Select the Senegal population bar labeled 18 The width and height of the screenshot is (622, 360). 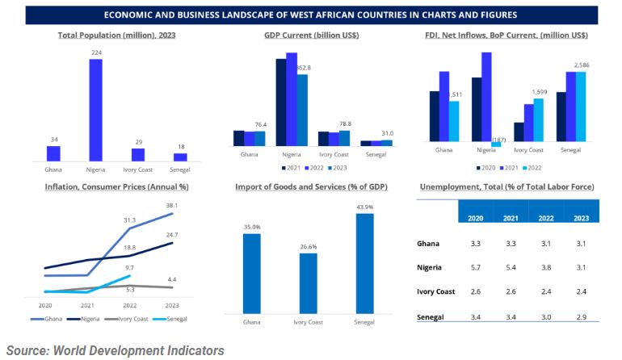click(180, 157)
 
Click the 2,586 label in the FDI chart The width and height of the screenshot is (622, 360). click(582, 65)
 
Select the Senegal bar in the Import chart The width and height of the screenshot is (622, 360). click(365, 263)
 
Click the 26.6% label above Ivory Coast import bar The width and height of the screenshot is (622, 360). click(309, 246)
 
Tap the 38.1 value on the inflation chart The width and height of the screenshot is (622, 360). click(173, 205)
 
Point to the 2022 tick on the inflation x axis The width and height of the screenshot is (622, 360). click(129, 305)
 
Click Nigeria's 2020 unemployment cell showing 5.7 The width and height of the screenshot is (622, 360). click(477, 266)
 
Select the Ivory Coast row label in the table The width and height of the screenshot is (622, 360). click(435, 291)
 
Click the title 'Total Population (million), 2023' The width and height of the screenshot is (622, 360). click(117, 36)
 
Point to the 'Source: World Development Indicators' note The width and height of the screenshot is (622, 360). click(116, 350)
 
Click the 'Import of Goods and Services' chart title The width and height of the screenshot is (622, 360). click(311, 187)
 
